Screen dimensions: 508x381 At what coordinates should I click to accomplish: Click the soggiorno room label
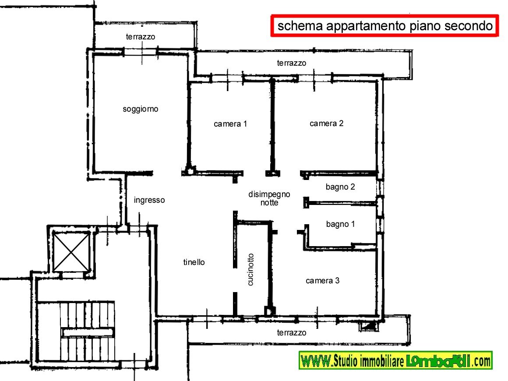pos(140,109)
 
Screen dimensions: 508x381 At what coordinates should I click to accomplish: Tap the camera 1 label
pos(230,124)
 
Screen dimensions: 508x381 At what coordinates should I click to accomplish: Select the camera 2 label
pos(326,123)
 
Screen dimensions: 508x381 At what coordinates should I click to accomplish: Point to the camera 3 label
pos(322,281)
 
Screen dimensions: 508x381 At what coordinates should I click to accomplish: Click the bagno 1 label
pos(340,224)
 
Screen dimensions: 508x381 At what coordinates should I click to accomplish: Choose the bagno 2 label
pos(340,187)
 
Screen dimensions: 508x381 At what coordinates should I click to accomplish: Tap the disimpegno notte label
pos(269,198)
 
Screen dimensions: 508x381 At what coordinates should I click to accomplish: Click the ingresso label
pos(149,200)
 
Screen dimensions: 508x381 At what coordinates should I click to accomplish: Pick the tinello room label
pos(194,262)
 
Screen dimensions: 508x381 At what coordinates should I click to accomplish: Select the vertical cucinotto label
pos(250,270)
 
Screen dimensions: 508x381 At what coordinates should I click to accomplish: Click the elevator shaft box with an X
pos(71,252)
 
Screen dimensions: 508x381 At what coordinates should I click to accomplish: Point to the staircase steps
pos(88,331)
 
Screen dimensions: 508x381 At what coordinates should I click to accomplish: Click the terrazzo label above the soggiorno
pos(140,37)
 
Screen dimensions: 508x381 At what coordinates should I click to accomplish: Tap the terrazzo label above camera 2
pos(291,63)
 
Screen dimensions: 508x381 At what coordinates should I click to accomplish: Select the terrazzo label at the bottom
pos(291,332)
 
